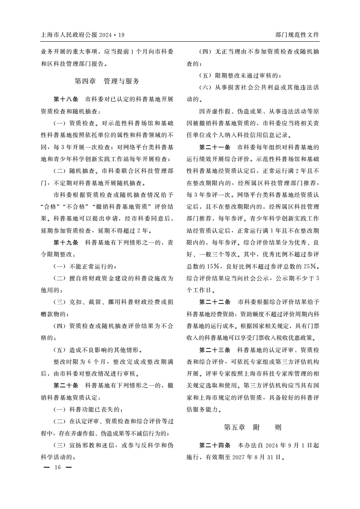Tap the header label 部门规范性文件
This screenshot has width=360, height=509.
297,34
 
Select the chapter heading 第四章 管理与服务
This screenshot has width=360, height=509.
107,81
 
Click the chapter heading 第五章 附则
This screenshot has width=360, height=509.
252,427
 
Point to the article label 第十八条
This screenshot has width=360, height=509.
66,99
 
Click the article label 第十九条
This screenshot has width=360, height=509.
66,242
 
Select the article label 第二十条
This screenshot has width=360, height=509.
66,386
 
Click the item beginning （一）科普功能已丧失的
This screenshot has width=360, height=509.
89,409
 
